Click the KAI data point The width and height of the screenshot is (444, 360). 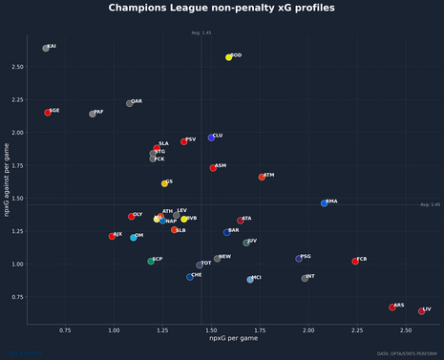coord(46,48)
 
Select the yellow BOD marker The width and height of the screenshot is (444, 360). coord(229,57)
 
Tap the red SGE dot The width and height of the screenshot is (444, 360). coord(48,113)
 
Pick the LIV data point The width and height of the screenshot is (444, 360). coord(422,311)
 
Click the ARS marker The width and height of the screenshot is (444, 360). coord(392,307)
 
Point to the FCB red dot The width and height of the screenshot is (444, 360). coord(355,261)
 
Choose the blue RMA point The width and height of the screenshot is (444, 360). coord(325,203)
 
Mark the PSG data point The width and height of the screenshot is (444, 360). coord(299,258)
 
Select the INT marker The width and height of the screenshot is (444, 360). coord(305,279)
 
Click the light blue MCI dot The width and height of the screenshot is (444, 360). coord(250,280)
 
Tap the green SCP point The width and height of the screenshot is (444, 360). coord(151,261)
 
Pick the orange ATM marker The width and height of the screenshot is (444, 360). coord(262,177)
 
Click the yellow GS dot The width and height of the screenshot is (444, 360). coord(164,183)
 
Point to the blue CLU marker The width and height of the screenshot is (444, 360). coord(211,138)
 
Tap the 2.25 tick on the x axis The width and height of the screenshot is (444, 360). coord(356,329)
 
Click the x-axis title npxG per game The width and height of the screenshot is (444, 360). coord(228,339)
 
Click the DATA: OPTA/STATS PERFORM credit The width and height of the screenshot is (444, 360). coord(408,352)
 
